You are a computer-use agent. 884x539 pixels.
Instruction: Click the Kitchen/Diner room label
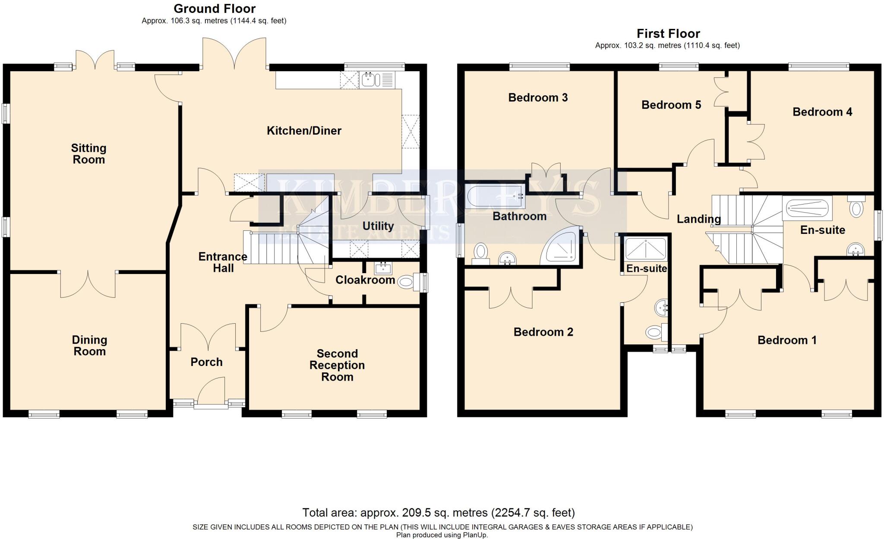304,131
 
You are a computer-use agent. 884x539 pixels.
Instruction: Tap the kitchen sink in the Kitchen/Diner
370,80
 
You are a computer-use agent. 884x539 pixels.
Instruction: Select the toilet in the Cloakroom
406,283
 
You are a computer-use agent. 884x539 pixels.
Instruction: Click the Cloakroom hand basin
383,268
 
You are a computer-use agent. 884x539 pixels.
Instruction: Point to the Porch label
206,362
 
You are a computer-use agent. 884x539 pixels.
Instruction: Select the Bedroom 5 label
671,105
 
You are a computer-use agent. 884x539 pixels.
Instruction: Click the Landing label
698,219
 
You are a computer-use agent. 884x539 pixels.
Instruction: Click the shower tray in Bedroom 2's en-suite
646,249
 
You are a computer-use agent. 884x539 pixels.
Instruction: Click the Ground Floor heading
215,9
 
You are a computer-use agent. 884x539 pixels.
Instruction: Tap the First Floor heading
668,34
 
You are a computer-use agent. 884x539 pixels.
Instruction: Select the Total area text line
439,513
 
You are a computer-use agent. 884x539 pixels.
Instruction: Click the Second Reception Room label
337,365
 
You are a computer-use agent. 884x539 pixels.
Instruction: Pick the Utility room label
378,226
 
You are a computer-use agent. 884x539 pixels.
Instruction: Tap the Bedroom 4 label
822,112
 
